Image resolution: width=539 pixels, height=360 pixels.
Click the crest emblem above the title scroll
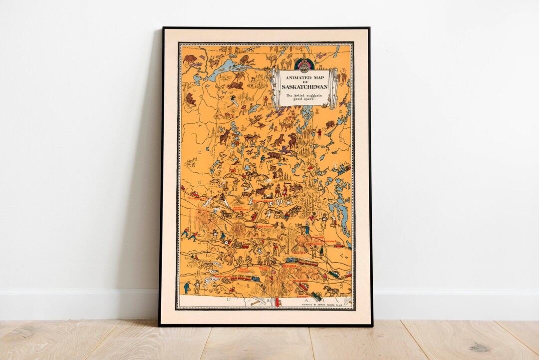(303, 63)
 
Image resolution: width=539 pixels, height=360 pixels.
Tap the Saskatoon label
(265, 226)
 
